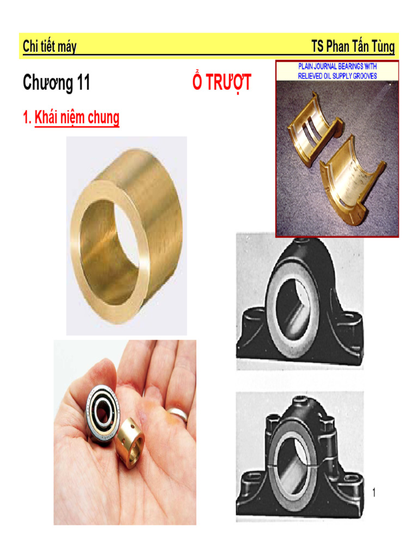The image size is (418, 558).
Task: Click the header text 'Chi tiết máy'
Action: pos(50,47)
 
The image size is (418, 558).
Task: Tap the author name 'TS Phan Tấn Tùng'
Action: pos(353,47)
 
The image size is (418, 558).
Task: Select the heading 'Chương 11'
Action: pos(56,83)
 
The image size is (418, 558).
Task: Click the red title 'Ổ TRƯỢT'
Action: pos(222,83)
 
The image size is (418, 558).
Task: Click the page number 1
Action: pos(374,494)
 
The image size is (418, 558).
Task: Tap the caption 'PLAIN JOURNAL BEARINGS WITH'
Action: pos(337,66)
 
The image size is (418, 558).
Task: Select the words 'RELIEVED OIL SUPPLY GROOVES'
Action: pos(337,76)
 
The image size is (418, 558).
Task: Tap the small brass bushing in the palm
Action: pos(131,442)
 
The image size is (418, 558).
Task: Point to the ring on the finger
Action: pos(178,414)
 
